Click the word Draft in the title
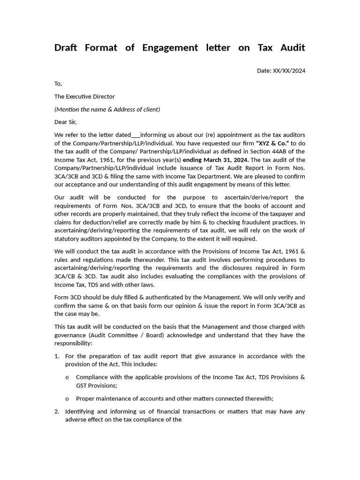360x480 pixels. (65, 47)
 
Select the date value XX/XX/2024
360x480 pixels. (289, 71)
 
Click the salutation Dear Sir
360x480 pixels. (66, 122)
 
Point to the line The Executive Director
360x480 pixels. (84, 97)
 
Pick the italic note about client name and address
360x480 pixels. (107, 109)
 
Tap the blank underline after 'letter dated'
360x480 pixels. (135, 135)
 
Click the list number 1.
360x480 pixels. (57, 356)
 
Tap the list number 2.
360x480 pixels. (57, 412)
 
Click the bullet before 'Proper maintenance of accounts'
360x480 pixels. (67, 399)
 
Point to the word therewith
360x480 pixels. (257, 398)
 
